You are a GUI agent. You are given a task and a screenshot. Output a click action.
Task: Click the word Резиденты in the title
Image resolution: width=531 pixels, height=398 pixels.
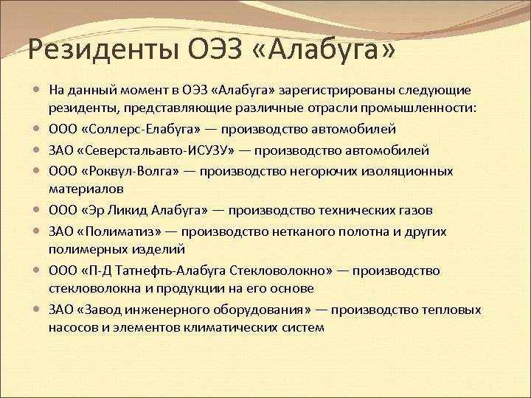[103, 52]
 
